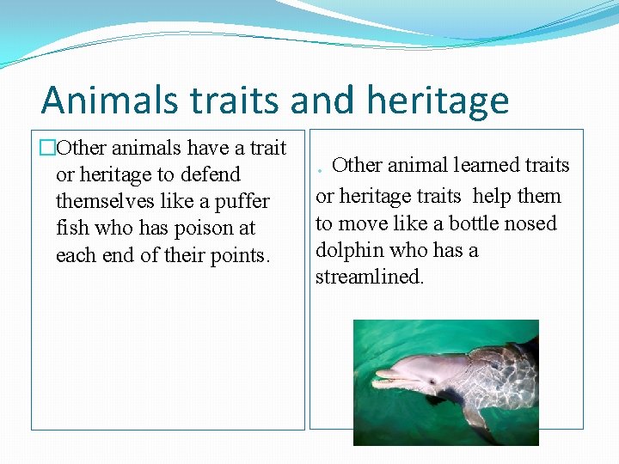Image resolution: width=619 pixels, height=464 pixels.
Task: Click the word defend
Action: click(x=210, y=174)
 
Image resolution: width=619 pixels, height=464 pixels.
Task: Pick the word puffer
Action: click(x=242, y=201)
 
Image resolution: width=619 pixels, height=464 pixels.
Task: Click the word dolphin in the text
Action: click(x=349, y=250)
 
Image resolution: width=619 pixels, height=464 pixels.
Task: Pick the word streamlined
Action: click(x=370, y=278)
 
